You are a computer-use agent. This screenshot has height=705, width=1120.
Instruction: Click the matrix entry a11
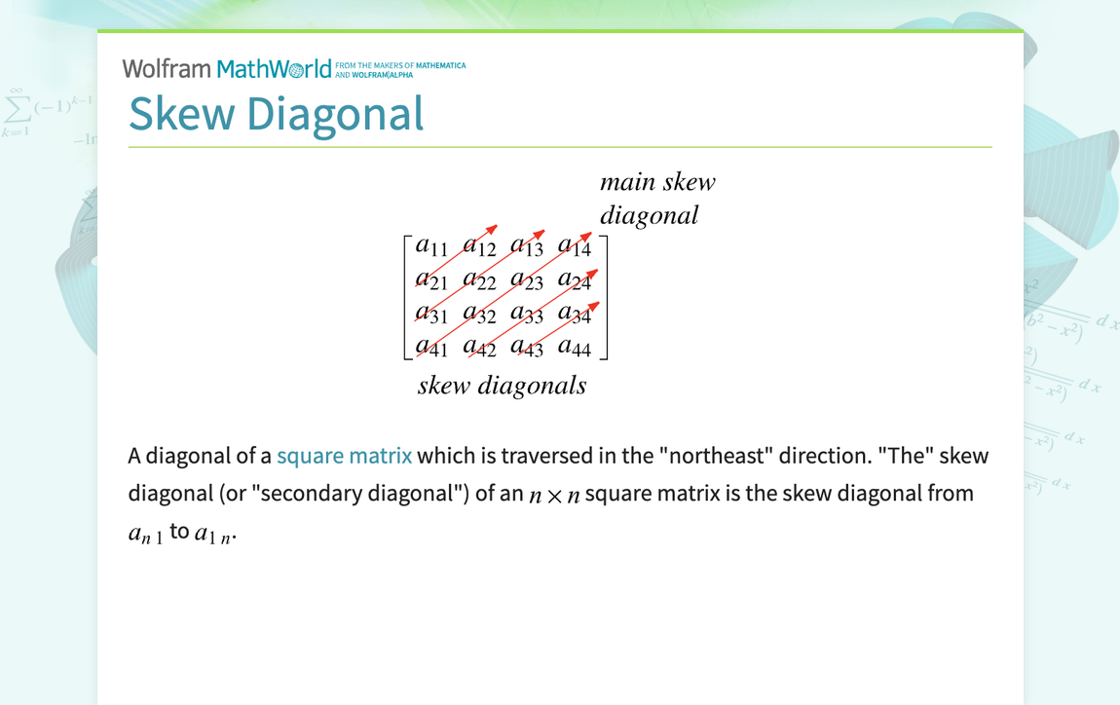pos(431,247)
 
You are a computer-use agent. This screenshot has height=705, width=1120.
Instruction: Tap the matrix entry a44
pos(575,346)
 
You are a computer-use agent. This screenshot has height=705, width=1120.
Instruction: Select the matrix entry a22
pos(479,280)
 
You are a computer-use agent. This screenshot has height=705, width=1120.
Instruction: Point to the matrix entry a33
pos(527,314)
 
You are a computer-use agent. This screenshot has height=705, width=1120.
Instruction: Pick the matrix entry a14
pos(575,247)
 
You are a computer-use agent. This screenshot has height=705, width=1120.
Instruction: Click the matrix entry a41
pos(431,346)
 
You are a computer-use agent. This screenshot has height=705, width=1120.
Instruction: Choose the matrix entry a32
pos(479,314)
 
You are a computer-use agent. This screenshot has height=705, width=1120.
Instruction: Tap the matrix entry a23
pos(527,280)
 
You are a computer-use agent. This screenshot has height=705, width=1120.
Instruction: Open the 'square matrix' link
pos(344,456)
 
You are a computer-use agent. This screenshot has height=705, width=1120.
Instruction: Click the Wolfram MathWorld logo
pos(226,69)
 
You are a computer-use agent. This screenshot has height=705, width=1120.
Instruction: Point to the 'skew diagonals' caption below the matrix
pos(502,386)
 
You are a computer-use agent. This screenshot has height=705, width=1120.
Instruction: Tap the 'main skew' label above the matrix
pos(657,182)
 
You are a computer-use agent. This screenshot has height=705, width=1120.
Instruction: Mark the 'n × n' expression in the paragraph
pos(554,495)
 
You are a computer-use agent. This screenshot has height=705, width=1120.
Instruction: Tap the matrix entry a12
pos(479,247)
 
